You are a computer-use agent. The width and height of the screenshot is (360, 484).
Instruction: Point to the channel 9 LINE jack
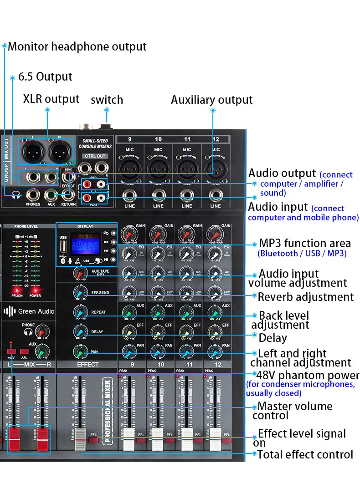click(129, 196)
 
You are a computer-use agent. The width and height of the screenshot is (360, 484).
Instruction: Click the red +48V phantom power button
click(11, 352)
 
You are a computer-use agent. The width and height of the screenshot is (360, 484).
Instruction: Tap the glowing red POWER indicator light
click(35, 290)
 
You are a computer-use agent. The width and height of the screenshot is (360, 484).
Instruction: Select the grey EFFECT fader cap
click(81, 434)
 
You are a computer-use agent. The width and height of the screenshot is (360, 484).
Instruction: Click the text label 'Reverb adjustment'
click(305, 297)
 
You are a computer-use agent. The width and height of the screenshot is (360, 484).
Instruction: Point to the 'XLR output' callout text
click(51, 99)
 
